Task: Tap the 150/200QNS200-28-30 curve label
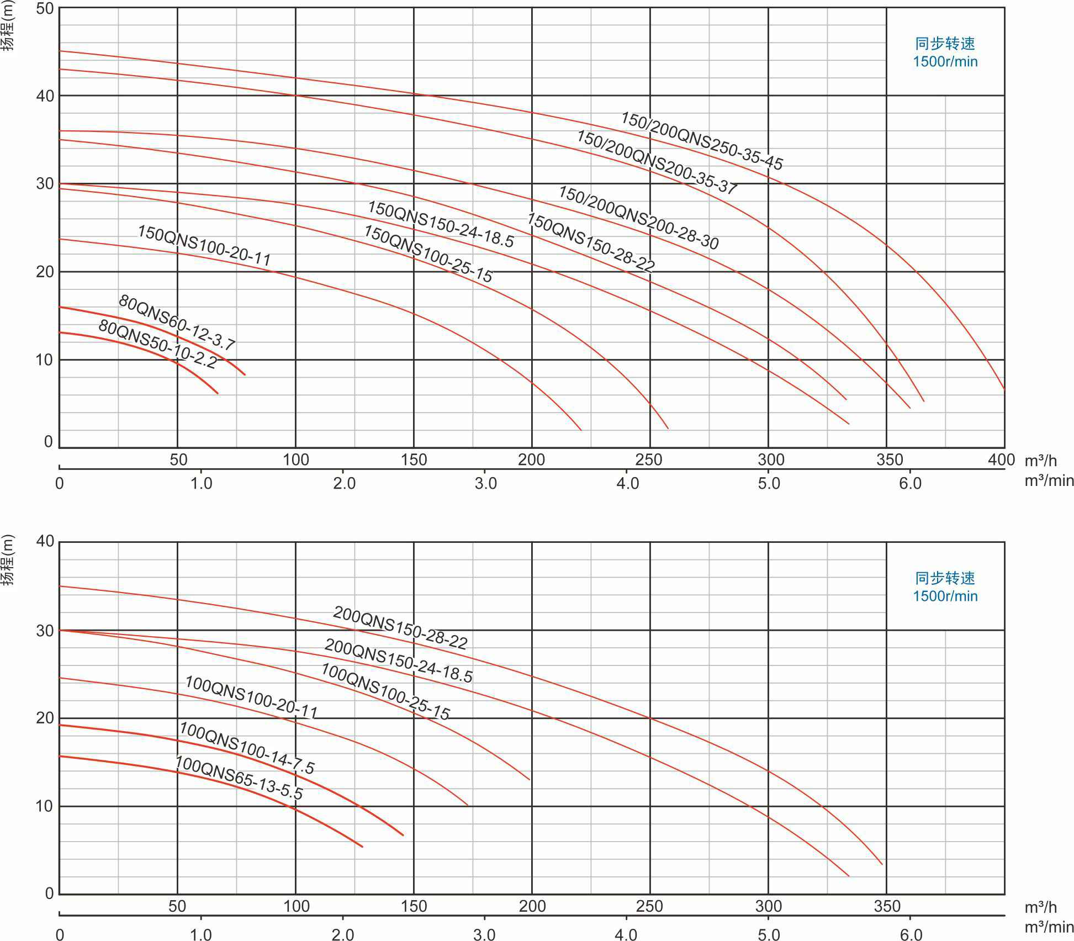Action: pos(638,218)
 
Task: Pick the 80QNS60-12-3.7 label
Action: pos(177,323)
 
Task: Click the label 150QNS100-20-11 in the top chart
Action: pos(204,246)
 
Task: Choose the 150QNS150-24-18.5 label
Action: pos(441,225)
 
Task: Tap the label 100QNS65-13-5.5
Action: pos(239,778)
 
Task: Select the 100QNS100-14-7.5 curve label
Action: pos(246,748)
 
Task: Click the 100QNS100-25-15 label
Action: pos(385,691)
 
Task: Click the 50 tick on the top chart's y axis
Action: pos(45,9)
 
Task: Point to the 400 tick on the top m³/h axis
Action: pos(1001,459)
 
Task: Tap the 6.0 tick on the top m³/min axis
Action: pos(910,484)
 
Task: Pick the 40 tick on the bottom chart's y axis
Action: pos(45,541)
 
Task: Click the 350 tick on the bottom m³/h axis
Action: pos(887,906)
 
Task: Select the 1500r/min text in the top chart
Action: pos(945,61)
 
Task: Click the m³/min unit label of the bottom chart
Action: pos(1049,927)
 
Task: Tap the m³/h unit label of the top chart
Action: pos(1040,460)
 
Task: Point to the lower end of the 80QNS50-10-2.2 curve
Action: pos(218,393)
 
